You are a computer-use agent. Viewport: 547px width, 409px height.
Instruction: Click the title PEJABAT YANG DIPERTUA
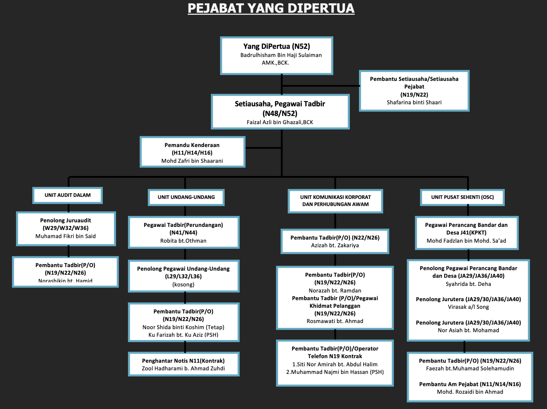(271, 8)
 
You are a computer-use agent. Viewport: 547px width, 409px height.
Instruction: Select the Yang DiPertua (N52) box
(276, 56)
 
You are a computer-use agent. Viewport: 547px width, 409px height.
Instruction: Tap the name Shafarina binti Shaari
(414, 103)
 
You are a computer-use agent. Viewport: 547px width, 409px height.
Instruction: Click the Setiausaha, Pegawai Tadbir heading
(280, 104)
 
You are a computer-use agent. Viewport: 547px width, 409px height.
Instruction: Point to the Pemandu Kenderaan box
(192, 152)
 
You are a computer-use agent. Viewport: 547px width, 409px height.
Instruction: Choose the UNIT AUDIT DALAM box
(68, 195)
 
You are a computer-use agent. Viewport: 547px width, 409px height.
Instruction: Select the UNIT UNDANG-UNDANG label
(186, 197)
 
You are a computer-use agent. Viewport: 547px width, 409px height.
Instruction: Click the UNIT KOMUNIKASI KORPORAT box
(335, 201)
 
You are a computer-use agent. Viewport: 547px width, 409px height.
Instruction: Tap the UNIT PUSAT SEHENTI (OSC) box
(462, 197)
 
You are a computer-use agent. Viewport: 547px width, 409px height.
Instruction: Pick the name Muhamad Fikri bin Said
(65, 236)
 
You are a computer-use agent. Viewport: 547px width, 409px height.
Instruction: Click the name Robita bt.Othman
(183, 241)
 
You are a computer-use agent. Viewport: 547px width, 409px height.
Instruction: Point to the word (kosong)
(183, 285)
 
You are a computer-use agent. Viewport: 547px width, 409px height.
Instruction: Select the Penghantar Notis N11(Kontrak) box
(183, 364)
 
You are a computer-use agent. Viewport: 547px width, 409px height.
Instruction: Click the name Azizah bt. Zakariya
(335, 245)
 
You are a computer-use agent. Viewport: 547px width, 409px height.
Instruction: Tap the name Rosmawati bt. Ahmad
(335, 321)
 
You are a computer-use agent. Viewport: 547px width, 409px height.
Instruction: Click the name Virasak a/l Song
(468, 307)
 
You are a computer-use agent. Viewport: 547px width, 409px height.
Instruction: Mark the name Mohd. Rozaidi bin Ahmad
(470, 392)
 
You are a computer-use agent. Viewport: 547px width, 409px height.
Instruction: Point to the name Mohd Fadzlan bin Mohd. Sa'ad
(466, 241)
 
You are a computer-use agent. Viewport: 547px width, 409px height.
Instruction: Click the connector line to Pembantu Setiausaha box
(321, 86)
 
